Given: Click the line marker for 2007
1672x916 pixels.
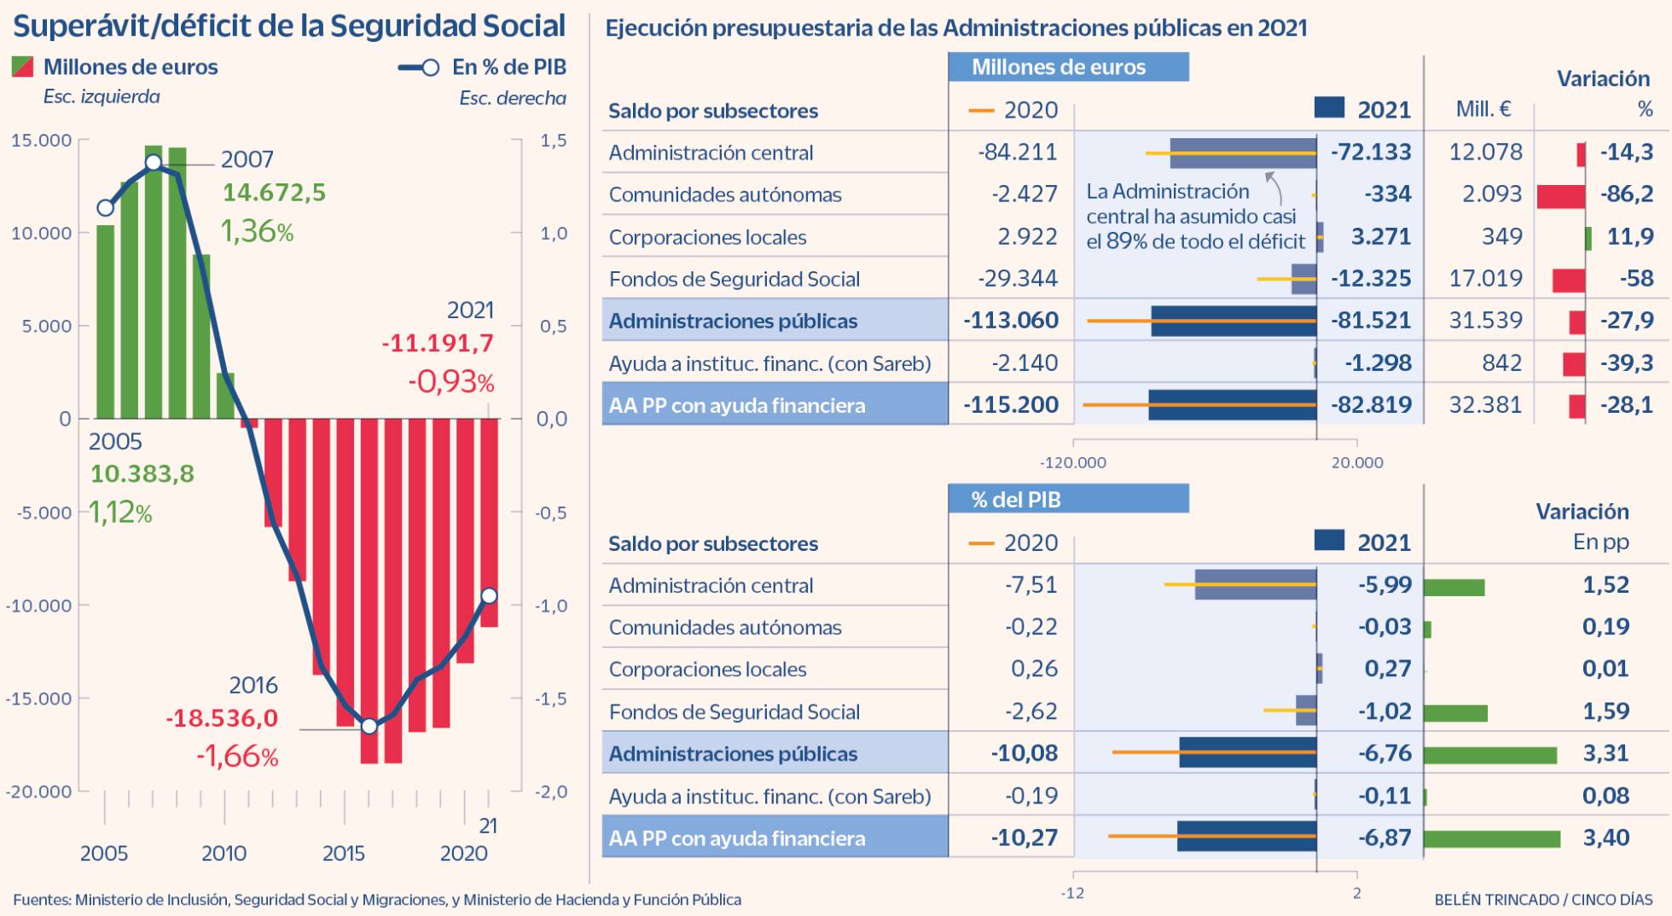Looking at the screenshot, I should tap(154, 163).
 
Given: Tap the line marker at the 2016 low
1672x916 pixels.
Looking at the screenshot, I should tap(369, 727).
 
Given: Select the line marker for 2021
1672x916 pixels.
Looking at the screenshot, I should tap(490, 595).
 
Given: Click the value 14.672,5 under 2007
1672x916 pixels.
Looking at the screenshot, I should tap(274, 193).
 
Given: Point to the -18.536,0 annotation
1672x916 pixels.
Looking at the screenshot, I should tap(222, 718).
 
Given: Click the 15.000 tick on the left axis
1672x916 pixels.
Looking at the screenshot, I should tap(41, 140).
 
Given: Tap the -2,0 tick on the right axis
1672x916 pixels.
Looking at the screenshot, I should tap(551, 791).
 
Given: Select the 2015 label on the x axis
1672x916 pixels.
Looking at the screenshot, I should tap(344, 853).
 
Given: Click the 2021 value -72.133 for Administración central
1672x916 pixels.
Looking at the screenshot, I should tap(1371, 152).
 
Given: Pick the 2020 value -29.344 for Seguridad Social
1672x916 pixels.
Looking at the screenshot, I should tap(1017, 278).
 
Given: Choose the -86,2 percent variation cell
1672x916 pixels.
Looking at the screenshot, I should tap(1626, 194).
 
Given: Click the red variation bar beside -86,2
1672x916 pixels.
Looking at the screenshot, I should tap(1561, 195).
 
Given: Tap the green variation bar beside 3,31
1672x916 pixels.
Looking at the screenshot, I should tap(1489, 755).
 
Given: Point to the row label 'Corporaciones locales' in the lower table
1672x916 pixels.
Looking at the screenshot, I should tap(707, 669).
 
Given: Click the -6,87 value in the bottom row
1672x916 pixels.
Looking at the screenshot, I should tap(1385, 838).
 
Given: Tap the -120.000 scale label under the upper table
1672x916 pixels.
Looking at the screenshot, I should tap(1072, 462).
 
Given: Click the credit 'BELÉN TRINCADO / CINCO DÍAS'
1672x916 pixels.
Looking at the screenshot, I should tap(1543, 899).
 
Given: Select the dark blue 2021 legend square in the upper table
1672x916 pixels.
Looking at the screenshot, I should tap(1329, 107).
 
